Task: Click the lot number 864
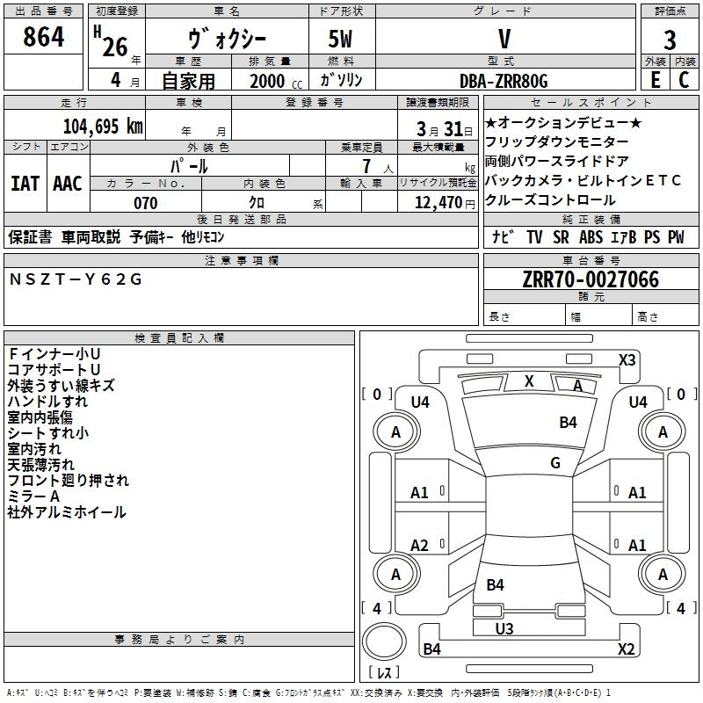coord(43,37)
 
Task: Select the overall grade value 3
coord(670,40)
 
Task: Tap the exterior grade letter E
coord(656,80)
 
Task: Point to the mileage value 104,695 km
coord(103,127)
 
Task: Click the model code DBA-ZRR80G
coord(504,81)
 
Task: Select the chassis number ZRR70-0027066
coord(591,279)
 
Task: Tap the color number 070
coord(146,203)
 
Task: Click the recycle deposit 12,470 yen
coord(445,203)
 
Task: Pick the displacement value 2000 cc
coord(276,82)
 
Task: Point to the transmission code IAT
coord(25,184)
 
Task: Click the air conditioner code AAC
coord(68,184)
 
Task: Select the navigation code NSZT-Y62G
coord(76,279)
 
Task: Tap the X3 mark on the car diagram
coord(627,360)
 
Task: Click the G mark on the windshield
coord(555,462)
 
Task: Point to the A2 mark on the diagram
coord(419,546)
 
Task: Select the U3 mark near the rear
coord(504,629)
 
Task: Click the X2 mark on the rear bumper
coord(626,649)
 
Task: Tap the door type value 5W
coord(340,39)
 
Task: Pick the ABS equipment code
coord(591,237)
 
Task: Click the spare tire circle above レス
coord(384,641)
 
